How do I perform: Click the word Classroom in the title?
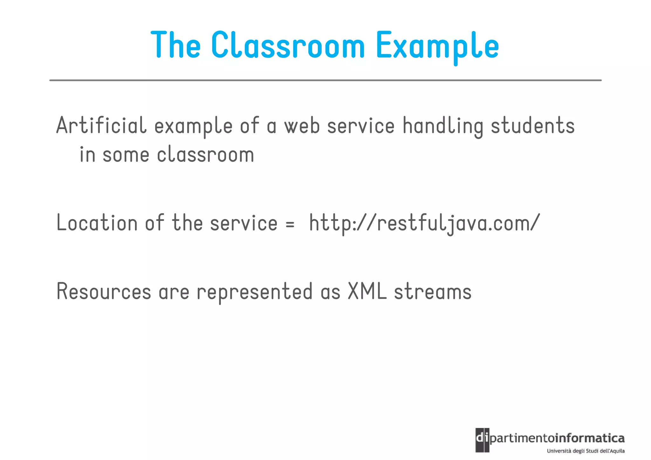(x=288, y=45)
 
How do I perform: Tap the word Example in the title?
(x=437, y=45)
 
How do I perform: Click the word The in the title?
(x=175, y=45)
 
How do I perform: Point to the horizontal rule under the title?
(x=325, y=80)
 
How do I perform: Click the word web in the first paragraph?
(x=302, y=126)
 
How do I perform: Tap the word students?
(x=533, y=126)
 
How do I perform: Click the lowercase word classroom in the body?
(x=205, y=155)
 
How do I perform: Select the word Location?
(x=97, y=223)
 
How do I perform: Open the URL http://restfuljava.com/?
(x=424, y=223)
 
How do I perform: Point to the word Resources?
(x=104, y=292)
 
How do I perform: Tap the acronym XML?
(x=367, y=291)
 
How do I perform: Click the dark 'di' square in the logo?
(x=482, y=440)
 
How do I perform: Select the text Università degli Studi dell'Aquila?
(x=586, y=451)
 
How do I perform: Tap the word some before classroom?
(x=126, y=155)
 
